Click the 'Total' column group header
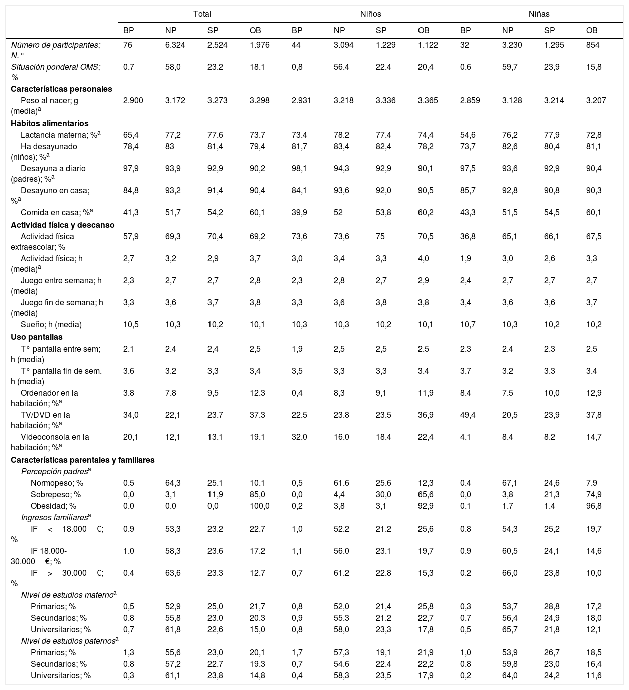(202, 14)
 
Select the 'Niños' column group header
(371, 14)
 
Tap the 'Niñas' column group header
(539, 14)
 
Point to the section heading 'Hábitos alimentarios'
(50, 123)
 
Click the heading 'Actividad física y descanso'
(63, 225)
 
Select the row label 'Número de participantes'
(56, 45)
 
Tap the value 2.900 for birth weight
(133, 100)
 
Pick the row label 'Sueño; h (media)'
(51, 324)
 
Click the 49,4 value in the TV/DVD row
(468, 415)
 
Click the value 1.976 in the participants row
(259, 45)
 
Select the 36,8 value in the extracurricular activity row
(468, 236)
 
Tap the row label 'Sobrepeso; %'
(56, 495)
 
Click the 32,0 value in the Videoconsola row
(299, 437)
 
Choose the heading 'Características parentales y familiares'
(83, 460)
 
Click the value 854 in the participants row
(592, 45)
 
